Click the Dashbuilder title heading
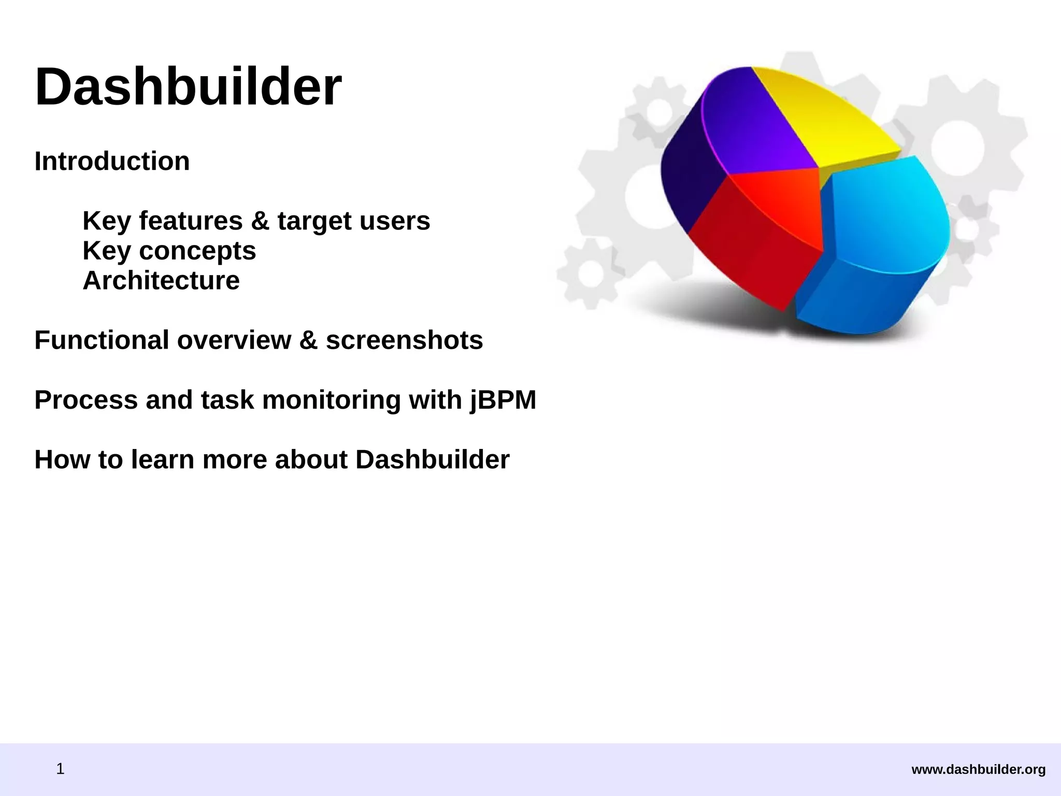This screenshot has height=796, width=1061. point(188,87)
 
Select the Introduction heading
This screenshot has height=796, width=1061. point(112,161)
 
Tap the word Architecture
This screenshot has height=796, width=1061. point(161,281)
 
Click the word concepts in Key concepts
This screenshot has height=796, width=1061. point(197,251)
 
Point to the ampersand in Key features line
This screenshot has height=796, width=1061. point(260,221)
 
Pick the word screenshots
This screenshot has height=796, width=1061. point(404,340)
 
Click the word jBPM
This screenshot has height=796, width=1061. point(503,400)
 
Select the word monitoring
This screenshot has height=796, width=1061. point(332,400)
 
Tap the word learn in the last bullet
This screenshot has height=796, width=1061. point(162,460)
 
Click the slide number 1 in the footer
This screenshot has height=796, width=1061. point(60,769)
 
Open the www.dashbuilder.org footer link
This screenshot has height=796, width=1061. point(978,770)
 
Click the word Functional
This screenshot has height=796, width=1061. point(101,340)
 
